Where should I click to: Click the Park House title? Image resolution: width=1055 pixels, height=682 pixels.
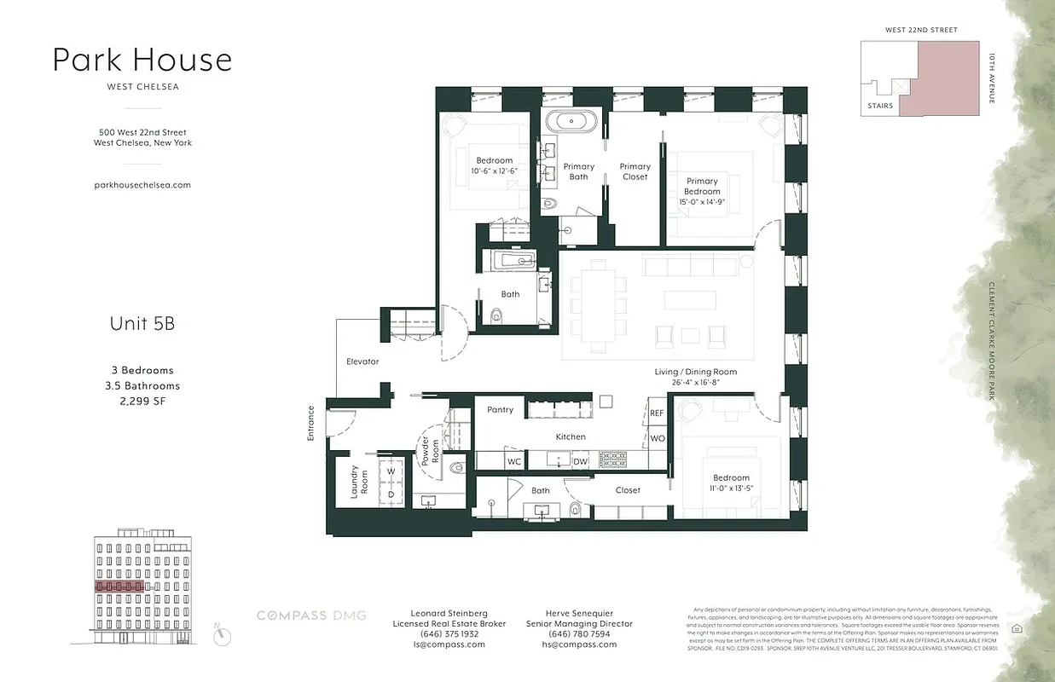point(142,60)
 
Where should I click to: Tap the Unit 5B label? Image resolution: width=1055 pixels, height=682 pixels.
point(142,324)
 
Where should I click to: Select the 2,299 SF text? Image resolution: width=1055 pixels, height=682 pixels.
point(142,401)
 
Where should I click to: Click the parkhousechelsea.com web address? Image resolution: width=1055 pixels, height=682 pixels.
point(142,184)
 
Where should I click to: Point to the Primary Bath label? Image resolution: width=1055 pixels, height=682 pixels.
point(579,172)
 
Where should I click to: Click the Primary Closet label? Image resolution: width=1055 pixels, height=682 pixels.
point(635,172)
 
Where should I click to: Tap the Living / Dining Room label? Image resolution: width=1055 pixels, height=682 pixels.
point(695,372)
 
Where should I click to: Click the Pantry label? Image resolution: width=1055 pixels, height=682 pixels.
point(501,410)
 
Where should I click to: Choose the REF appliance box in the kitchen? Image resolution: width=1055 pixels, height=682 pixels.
point(657,413)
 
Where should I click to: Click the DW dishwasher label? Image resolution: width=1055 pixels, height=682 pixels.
point(580,461)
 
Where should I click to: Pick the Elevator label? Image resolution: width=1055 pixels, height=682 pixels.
point(362,361)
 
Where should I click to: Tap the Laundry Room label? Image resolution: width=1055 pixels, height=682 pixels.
point(359,483)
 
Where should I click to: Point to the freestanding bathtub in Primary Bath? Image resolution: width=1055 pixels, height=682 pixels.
point(572,119)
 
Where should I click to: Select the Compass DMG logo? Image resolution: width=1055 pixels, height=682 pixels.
point(312,616)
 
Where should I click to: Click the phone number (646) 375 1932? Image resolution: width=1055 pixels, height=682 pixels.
point(449,634)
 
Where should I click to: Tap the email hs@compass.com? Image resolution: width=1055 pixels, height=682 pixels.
point(579,644)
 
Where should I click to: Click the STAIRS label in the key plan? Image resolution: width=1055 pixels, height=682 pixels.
point(879,106)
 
